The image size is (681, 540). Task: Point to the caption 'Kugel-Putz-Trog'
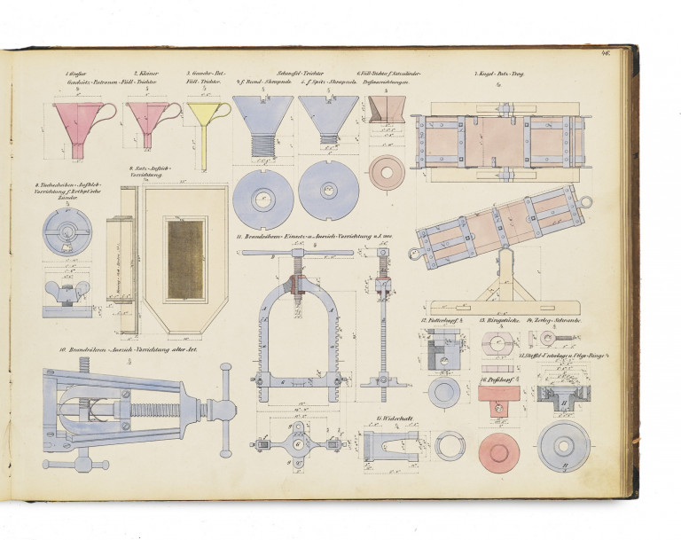pyautogui.click(x=503, y=74)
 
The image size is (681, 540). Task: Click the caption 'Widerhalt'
pyautogui.click(x=391, y=417)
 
